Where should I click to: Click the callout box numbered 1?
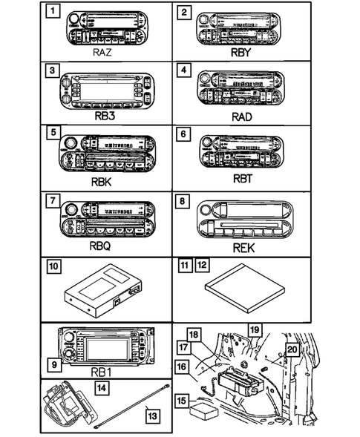tap(50, 12)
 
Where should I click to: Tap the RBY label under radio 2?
tap(243, 53)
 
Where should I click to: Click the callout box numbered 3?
tap(50, 72)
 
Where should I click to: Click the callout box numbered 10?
tap(51, 265)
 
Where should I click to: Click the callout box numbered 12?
tap(201, 264)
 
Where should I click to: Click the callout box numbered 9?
tap(50, 364)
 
